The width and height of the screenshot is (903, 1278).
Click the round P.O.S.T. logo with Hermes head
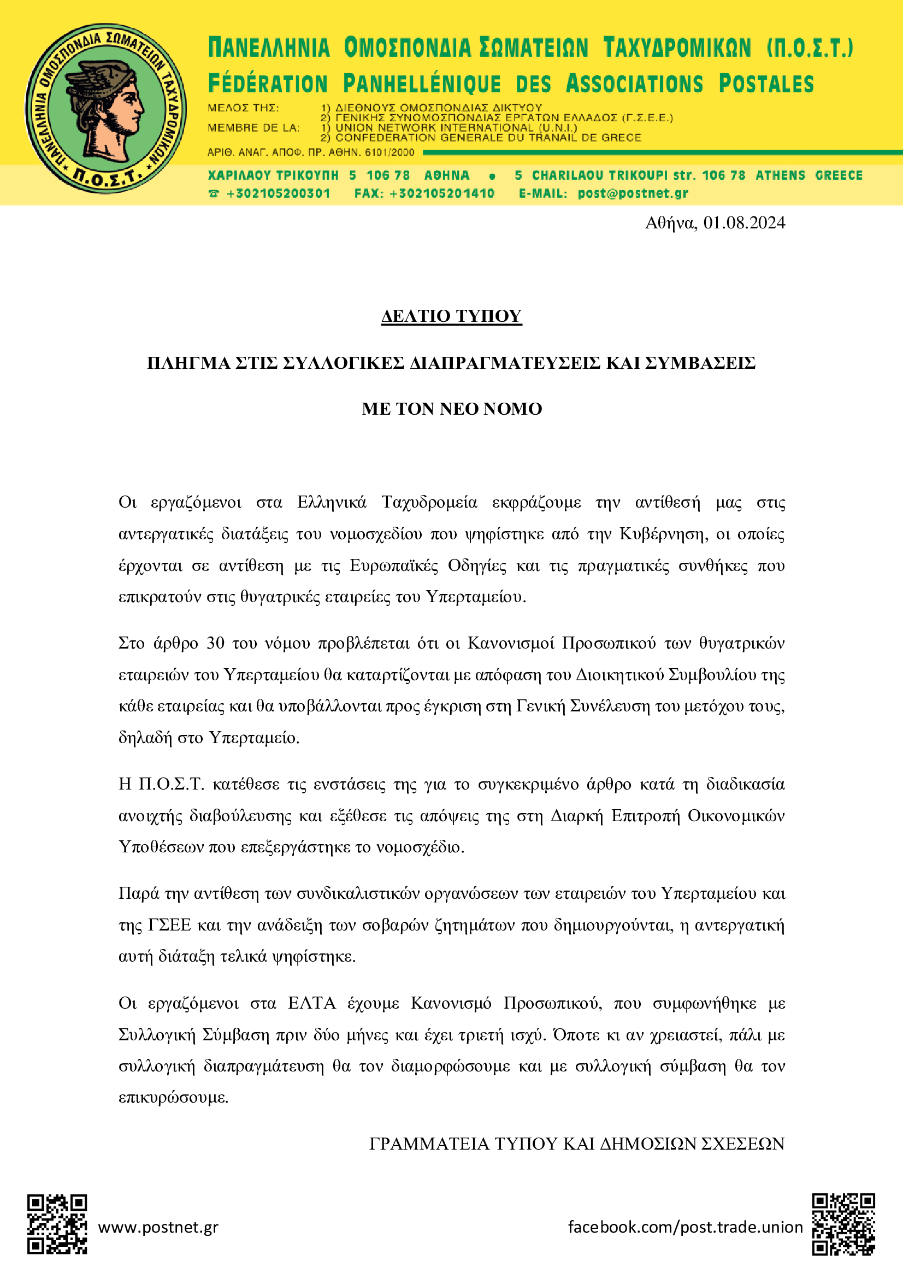(106, 109)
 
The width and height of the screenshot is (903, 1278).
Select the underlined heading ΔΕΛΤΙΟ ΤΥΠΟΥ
(451, 316)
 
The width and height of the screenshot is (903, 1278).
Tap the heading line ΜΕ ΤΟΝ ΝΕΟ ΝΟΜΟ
(451, 409)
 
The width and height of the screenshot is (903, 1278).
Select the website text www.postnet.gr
(158, 1227)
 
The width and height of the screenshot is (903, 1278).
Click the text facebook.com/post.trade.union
(685, 1227)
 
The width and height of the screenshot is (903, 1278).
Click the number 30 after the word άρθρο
(215, 644)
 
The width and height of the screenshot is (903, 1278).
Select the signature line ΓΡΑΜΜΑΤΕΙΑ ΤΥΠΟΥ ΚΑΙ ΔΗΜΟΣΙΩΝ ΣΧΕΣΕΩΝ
(576, 1144)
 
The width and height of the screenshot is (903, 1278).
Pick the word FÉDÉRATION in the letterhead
(268, 84)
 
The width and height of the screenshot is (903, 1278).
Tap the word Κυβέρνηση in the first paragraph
(663, 534)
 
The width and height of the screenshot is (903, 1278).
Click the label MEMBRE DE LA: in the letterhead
(253, 128)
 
